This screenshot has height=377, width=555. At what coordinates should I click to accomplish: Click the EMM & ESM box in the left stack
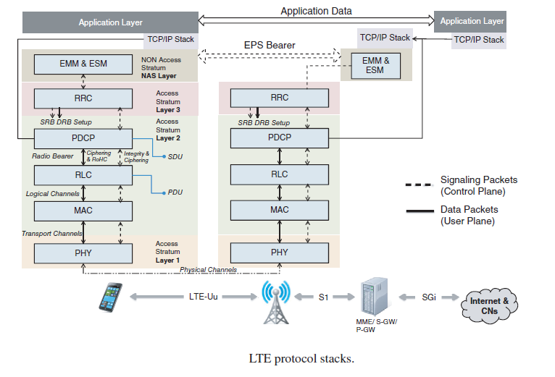83,64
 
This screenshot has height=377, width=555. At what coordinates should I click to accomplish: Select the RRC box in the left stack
83,98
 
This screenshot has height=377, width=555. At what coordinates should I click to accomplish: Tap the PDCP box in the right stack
279,137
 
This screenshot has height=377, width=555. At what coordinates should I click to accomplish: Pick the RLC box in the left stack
83,174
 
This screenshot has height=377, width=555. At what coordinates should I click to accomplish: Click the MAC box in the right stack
279,210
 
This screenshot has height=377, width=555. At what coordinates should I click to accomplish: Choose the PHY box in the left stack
83,253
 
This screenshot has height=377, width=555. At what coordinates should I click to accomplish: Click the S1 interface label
325,297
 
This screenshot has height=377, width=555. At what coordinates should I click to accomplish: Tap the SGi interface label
430,297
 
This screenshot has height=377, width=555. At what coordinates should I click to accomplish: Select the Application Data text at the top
316,11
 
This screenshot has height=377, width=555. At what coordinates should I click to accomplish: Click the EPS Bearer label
269,45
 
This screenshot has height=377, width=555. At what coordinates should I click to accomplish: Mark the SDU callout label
175,156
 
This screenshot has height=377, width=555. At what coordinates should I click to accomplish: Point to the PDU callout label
175,192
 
